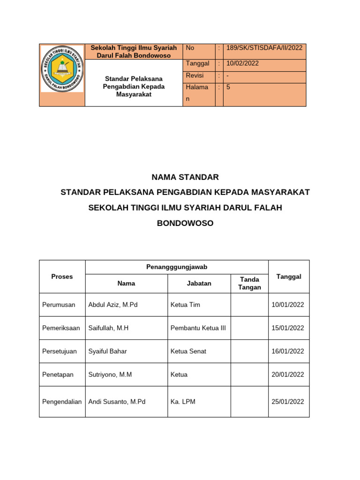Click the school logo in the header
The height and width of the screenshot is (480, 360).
pyautogui.click(x=62, y=69)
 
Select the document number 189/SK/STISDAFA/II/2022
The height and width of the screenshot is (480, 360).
pyautogui.click(x=264, y=48)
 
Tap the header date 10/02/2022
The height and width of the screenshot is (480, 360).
pyautogui.click(x=242, y=63)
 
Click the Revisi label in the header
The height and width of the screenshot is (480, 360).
pyautogui.click(x=195, y=75)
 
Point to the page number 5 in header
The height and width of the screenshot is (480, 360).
pyautogui.click(x=228, y=87)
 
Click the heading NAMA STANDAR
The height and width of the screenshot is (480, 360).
pyautogui.click(x=185, y=177)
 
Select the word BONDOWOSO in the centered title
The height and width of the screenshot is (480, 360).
pyautogui.click(x=185, y=223)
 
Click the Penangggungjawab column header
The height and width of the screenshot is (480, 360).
pyautogui.click(x=177, y=267)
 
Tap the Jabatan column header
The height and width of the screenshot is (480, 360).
pyautogui.click(x=199, y=283)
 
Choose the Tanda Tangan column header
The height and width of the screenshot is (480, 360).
pyautogui.click(x=249, y=283)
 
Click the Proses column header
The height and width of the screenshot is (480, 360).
pyautogui.click(x=62, y=277)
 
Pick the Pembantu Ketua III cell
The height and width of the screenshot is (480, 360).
pyautogui.click(x=198, y=328)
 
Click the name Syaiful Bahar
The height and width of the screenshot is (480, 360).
pyautogui.click(x=107, y=351)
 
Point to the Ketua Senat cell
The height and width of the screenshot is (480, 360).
pyautogui.click(x=188, y=351)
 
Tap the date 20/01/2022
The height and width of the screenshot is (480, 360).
pyautogui.click(x=288, y=375)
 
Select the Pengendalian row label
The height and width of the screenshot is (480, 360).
pyautogui.click(x=62, y=402)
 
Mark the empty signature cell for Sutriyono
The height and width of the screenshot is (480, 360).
pyautogui.click(x=249, y=375)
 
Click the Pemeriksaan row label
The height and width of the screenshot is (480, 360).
pyautogui.click(x=61, y=328)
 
